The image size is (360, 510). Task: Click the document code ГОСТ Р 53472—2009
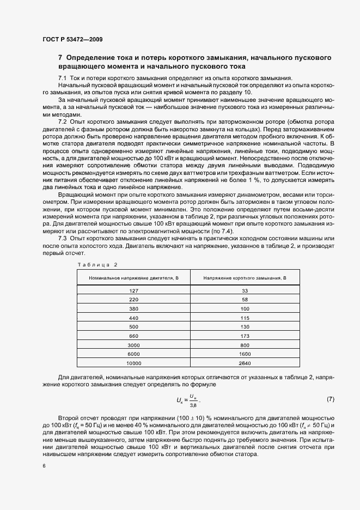(72, 39)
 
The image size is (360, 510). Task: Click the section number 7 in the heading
(60, 57)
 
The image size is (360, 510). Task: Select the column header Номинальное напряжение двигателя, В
(134, 278)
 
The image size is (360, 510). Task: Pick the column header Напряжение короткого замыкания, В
(245, 278)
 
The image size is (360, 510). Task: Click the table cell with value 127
(134, 291)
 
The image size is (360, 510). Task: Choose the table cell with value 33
(245, 291)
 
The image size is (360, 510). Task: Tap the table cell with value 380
(134, 309)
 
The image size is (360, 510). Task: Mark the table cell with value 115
(245, 318)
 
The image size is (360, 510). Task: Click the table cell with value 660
(134, 336)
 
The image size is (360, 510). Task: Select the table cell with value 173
(245, 336)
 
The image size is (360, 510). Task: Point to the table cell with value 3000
(134, 345)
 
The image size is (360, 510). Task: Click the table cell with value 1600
(245, 354)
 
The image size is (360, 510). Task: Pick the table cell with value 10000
(134, 363)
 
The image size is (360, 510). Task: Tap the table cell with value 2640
(245, 363)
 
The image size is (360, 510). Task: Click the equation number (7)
(330, 399)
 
